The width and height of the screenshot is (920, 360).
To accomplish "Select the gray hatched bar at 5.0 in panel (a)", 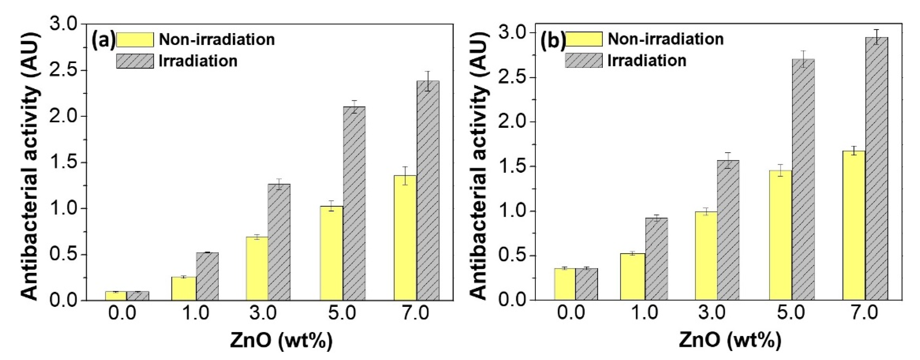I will tap(354, 203).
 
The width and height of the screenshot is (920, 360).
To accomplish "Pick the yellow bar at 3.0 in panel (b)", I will tap(706, 255).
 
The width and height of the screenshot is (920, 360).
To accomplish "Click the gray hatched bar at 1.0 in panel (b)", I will tap(656, 259).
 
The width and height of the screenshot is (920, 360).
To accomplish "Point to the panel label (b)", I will tap(552, 40).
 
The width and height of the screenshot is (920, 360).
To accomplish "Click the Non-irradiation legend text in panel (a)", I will tap(216, 39).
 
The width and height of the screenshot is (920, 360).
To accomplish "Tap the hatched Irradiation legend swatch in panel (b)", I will tap(584, 60).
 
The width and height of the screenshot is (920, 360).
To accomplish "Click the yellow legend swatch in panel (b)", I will tap(584, 39).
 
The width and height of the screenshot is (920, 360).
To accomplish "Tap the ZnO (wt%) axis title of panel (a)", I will tap(281, 341).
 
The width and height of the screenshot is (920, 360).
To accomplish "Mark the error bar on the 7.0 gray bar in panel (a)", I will tap(428, 81).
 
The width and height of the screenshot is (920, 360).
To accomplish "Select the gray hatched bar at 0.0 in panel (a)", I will tap(138, 296).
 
